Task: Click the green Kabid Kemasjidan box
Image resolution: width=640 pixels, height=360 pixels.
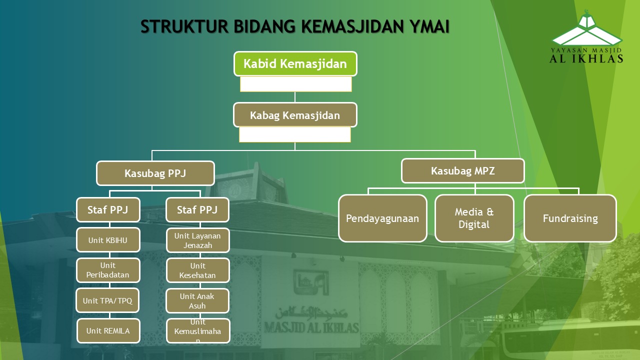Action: [295, 63]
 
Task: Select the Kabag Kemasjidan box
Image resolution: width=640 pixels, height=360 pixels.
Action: [295, 115]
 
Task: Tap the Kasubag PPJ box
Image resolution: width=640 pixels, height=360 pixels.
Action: [155, 173]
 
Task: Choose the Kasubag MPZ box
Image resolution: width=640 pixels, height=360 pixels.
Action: [463, 171]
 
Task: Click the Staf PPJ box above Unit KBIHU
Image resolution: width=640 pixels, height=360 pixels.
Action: [108, 209]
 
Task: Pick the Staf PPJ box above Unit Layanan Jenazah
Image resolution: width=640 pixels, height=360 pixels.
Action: [197, 209]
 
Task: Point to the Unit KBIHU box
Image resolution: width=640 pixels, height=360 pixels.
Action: [108, 240]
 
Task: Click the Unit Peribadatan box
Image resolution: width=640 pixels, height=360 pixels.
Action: [108, 270]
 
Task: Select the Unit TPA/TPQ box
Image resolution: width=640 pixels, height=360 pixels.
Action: [107, 300]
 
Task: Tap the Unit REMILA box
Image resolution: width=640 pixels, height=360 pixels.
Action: [108, 331]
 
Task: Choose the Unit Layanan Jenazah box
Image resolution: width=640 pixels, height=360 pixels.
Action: [197, 240]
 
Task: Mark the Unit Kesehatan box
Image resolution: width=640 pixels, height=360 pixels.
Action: [197, 270]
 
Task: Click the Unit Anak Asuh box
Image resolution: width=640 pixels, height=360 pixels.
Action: [197, 301]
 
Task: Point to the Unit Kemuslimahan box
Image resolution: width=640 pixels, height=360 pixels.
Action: [198, 331]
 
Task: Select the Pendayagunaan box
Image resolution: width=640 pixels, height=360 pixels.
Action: [382, 218]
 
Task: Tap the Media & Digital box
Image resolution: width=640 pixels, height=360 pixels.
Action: [474, 218]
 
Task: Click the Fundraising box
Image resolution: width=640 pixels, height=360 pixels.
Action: [570, 218]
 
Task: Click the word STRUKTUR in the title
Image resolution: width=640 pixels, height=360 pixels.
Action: [184, 26]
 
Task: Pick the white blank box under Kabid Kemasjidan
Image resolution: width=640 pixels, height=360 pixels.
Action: [295, 84]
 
